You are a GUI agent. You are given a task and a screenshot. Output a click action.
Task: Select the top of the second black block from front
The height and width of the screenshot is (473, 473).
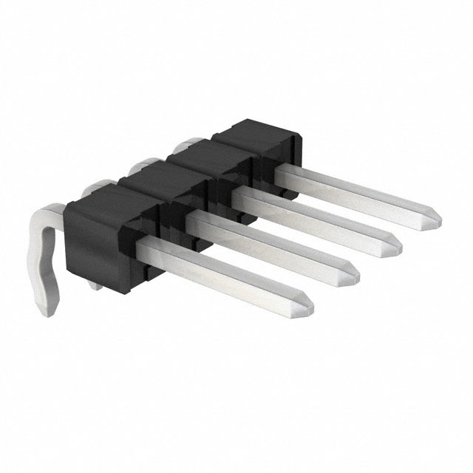click(x=152, y=176)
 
